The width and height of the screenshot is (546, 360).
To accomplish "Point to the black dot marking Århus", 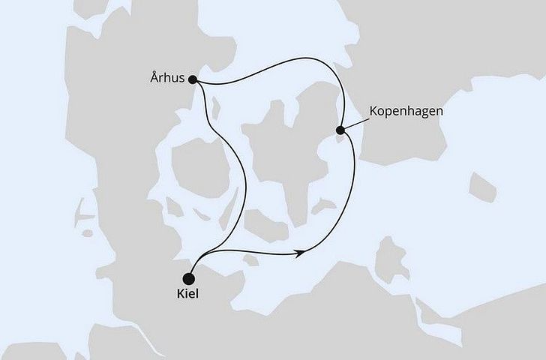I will [193, 79].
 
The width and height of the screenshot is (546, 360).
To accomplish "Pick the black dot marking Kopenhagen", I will [340, 130].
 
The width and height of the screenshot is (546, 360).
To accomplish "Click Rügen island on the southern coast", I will [390, 259].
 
